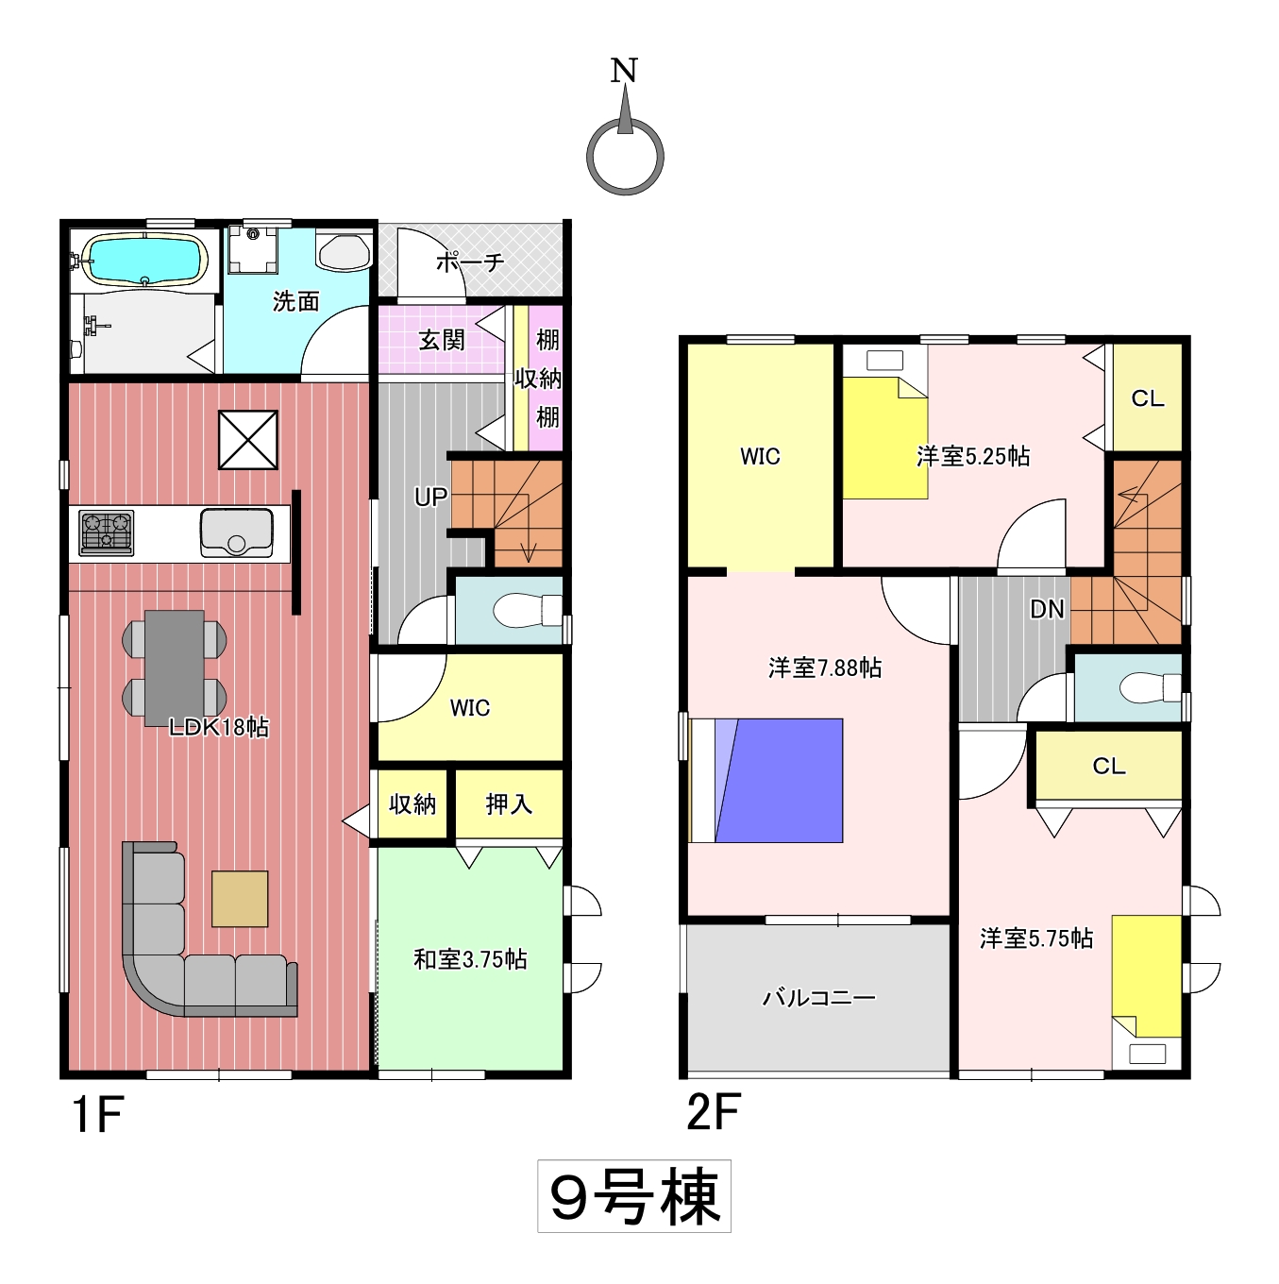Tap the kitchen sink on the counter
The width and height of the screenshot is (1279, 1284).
pyautogui.click(x=236, y=532)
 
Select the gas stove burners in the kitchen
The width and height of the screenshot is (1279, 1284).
pyautogui.click(x=106, y=532)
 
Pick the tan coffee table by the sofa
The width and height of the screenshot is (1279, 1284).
pyautogui.click(x=240, y=899)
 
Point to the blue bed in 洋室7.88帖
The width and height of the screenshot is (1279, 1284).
pyautogui.click(x=766, y=780)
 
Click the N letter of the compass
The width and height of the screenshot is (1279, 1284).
pyautogui.click(x=625, y=71)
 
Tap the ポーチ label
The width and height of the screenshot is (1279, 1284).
pyautogui.click(x=470, y=262)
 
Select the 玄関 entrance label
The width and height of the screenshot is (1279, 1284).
pyautogui.click(x=441, y=341)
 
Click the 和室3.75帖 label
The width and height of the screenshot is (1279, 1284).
pyautogui.click(x=470, y=959)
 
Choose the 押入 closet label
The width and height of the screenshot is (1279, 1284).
pyautogui.click(x=509, y=804)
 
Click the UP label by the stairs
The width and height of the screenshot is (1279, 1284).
pyautogui.click(x=430, y=497)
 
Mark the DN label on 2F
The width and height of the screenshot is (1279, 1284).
pyautogui.click(x=1047, y=608)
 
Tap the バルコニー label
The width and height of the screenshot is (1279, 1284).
pyautogui.click(x=818, y=998)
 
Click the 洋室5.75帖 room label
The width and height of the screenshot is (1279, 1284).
pyautogui.click(x=1036, y=938)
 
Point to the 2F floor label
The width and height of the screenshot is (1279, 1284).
pyautogui.click(x=714, y=1111)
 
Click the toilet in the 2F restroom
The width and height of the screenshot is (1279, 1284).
pyautogui.click(x=1150, y=687)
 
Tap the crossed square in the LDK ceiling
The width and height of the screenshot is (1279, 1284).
pyautogui.click(x=248, y=440)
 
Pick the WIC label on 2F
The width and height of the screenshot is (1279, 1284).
pyautogui.click(x=760, y=456)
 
